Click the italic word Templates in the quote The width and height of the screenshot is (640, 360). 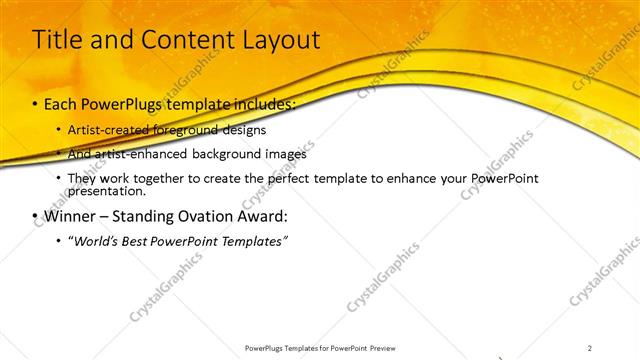pyautogui.click(x=255, y=241)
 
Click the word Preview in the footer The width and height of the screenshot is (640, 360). pyautogui.click(x=388, y=347)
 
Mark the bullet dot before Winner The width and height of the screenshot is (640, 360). pyautogui.click(x=36, y=215)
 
